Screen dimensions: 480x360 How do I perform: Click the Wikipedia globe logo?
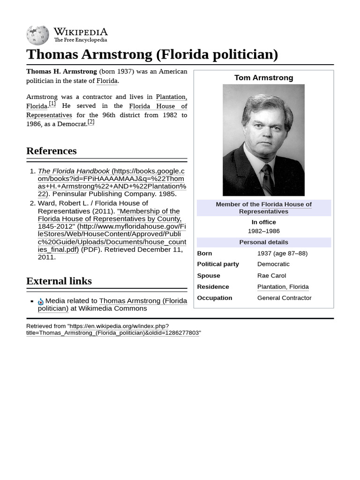click(37, 35)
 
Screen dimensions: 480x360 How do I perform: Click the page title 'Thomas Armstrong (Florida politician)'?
click(152, 54)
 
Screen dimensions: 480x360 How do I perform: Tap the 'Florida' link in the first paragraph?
click(107, 81)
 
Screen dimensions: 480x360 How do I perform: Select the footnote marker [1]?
click(52, 104)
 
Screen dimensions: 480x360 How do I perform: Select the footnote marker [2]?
click(91, 122)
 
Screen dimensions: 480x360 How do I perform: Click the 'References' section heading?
click(52, 151)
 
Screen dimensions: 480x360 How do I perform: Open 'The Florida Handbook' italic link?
click(74, 171)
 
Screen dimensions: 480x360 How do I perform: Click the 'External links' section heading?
click(59, 281)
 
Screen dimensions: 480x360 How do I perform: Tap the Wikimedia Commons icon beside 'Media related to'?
click(41, 301)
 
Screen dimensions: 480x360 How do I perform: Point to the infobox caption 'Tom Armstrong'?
click(263, 78)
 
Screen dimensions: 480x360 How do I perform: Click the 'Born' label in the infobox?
click(204, 253)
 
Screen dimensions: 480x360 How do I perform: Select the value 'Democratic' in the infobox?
click(273, 264)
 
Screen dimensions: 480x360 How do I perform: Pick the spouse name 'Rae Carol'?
click(271, 276)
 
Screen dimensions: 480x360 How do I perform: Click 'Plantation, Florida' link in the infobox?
click(283, 287)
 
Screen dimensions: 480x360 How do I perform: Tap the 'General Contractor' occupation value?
click(284, 298)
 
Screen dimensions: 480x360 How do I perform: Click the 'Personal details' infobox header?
click(263, 242)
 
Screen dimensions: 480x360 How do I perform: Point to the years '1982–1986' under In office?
click(263, 231)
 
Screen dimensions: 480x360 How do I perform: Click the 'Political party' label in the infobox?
click(218, 264)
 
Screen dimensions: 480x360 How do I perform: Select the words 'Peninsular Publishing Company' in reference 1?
click(104, 194)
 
